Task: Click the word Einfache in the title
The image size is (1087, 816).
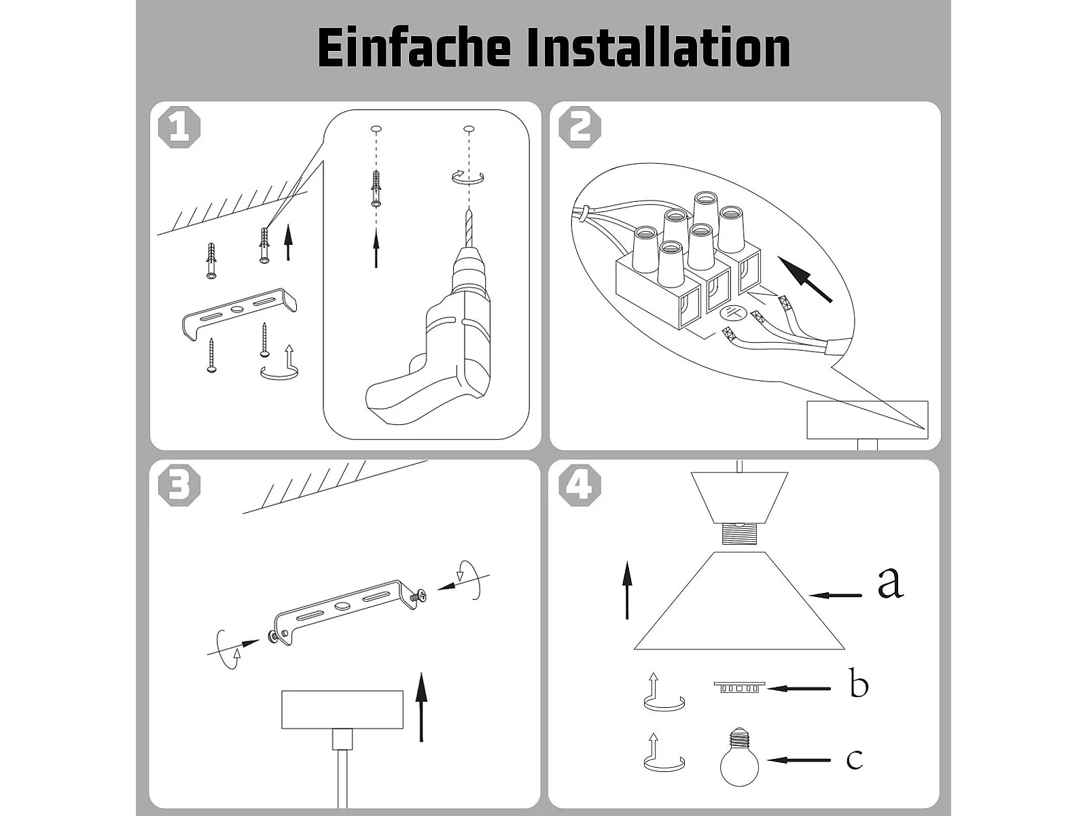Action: (x=414, y=48)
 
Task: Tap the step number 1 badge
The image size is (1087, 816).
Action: (x=179, y=127)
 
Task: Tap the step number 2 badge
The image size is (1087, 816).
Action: (x=580, y=127)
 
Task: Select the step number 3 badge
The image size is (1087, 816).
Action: (x=179, y=485)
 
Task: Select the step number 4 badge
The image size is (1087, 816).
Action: (x=580, y=485)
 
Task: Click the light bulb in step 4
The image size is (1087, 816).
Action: (x=739, y=756)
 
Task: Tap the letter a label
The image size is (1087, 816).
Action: (x=891, y=583)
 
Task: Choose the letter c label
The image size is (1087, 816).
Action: (x=855, y=758)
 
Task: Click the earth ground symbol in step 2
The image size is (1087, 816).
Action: (x=733, y=313)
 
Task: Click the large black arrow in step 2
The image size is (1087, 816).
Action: (x=805, y=279)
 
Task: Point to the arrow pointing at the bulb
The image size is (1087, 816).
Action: (x=799, y=760)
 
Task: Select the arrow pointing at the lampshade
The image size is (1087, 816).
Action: (x=836, y=595)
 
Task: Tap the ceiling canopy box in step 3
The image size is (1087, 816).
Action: (x=342, y=709)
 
